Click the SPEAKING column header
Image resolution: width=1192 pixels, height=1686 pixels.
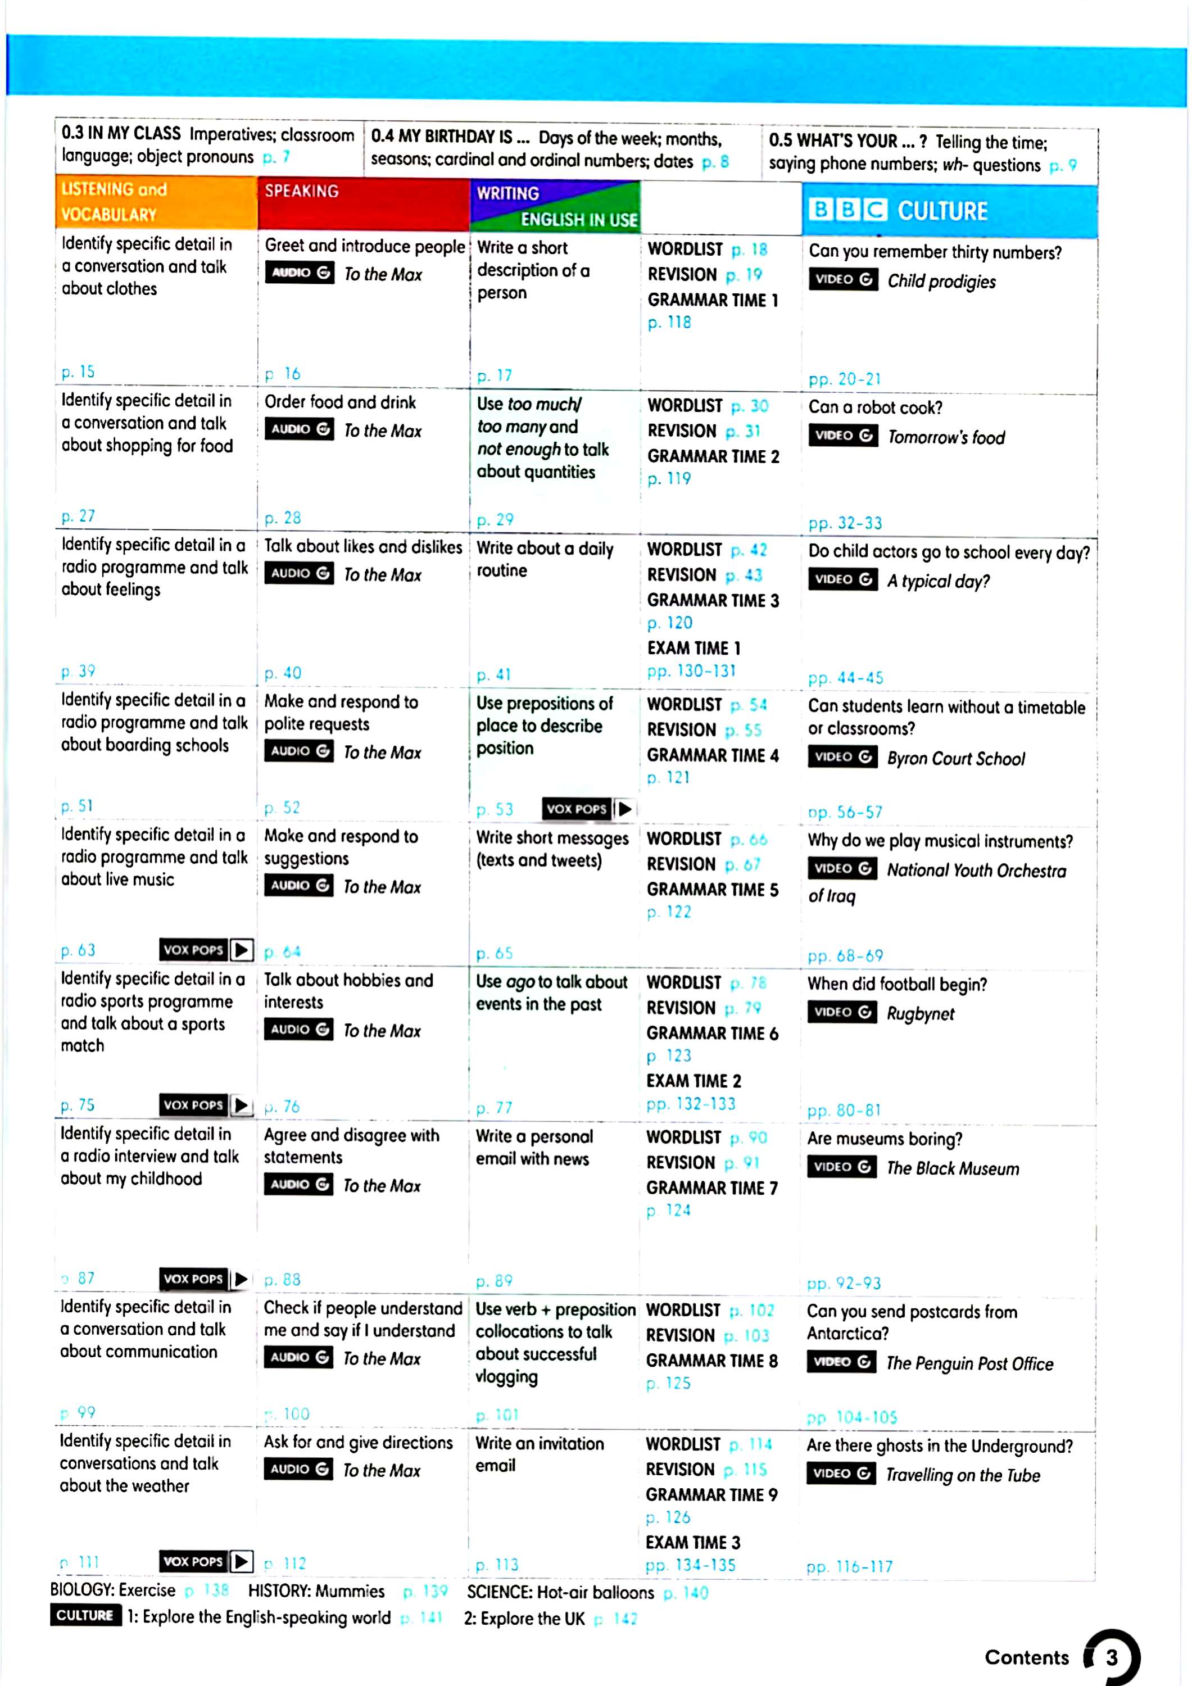302,191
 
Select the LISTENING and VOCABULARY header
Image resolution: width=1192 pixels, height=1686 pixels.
114,201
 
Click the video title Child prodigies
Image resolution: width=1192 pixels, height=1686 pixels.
941,281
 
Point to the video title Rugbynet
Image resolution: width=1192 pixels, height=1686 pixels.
919,1013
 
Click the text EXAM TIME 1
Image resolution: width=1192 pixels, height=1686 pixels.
694,647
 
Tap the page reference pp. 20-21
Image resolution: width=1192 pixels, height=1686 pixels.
844,379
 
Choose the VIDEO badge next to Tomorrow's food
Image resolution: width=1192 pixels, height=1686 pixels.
842,436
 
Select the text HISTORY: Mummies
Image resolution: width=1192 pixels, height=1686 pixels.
316,1590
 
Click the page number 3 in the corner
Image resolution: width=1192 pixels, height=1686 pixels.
1112,1657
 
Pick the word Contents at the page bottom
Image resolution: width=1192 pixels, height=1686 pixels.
1026,1657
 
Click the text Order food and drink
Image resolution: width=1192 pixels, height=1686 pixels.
340,402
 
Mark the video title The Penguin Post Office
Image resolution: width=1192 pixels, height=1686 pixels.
969,1363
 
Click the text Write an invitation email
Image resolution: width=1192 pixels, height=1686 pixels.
539,1454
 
